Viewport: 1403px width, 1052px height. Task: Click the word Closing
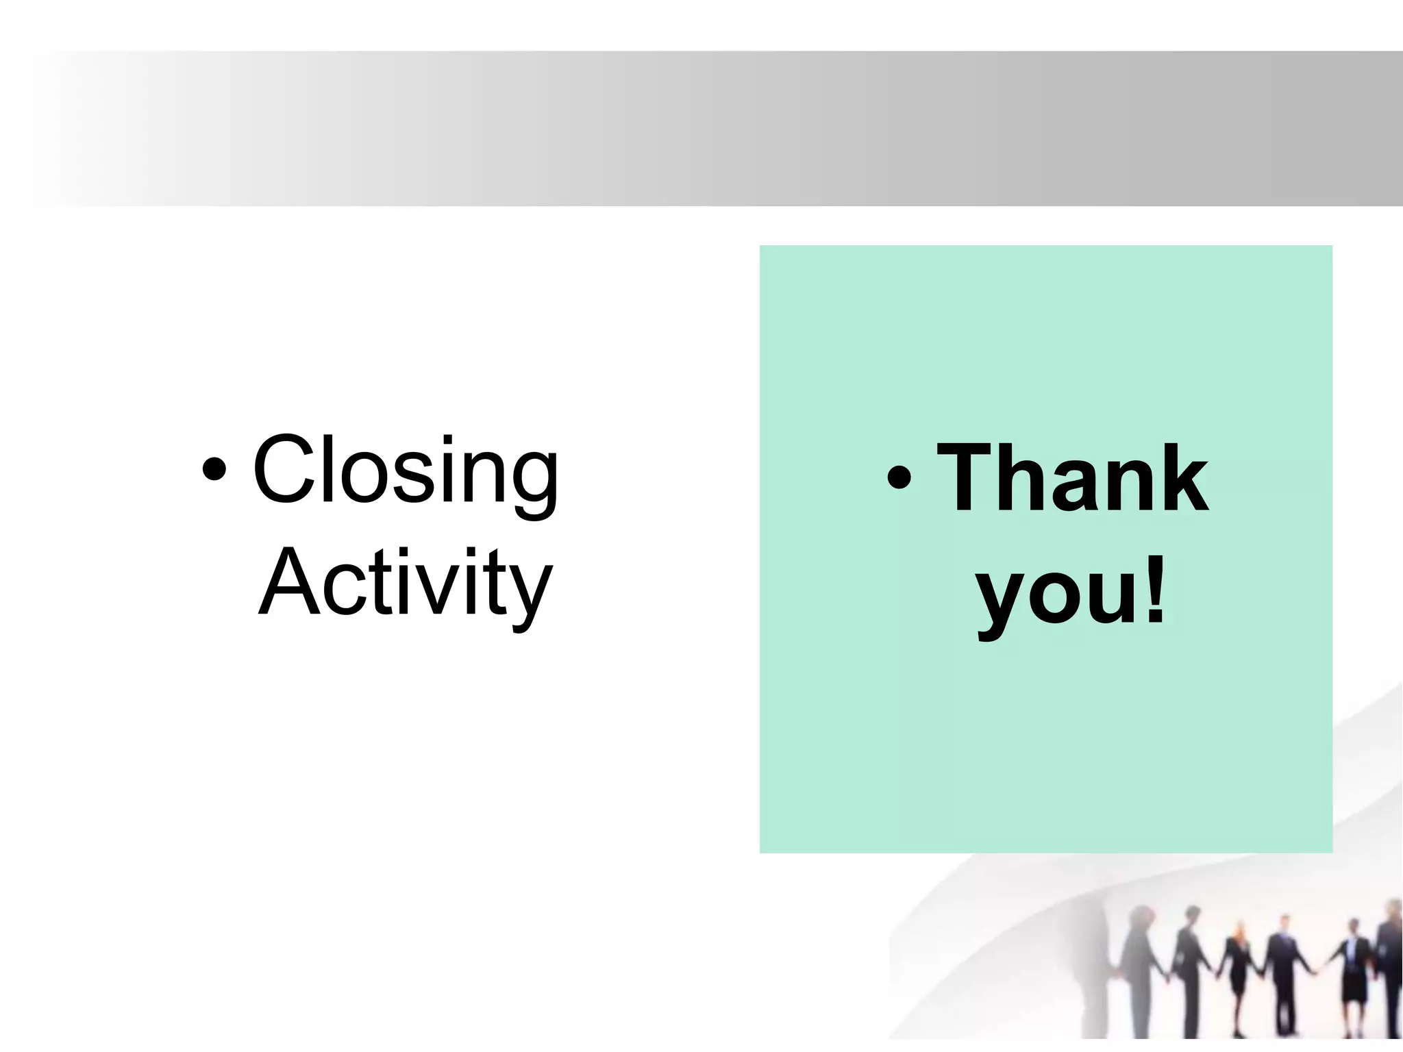click(406, 471)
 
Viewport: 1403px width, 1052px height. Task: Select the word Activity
click(406, 584)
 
